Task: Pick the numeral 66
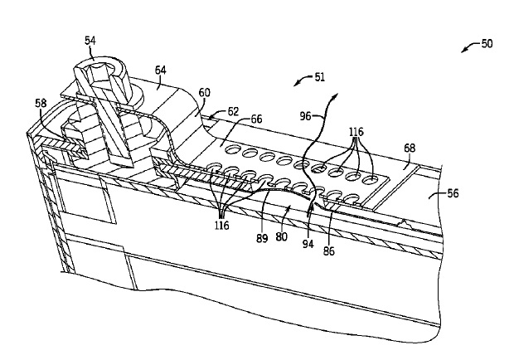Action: pyautogui.click(x=256, y=119)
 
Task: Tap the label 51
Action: pyautogui.click(x=319, y=77)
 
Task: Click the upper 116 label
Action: pyautogui.click(x=356, y=132)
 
